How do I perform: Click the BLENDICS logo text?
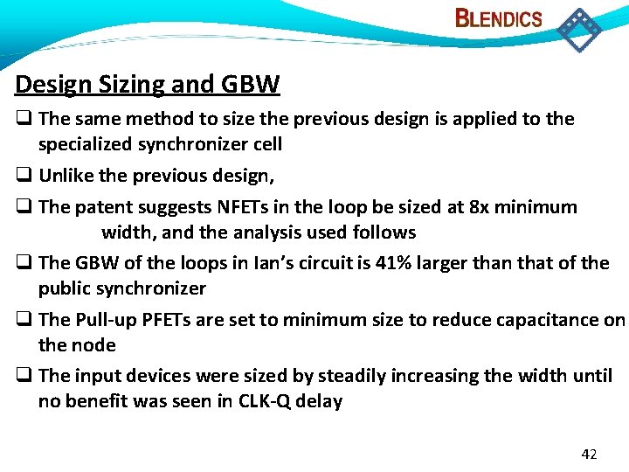499,18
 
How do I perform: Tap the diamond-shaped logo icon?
579,29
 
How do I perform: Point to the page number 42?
589,455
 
